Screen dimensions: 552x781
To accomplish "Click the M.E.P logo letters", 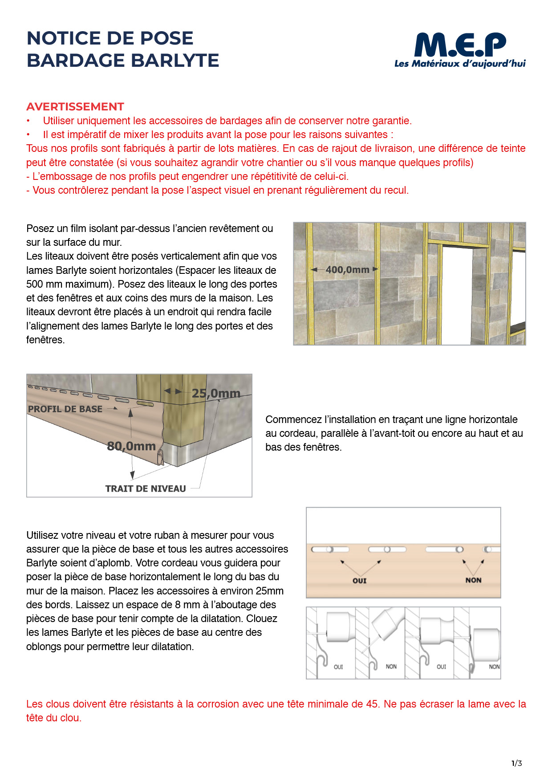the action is (460, 45).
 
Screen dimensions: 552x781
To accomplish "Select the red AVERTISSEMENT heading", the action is (75, 107).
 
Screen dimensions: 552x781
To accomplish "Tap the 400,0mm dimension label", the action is (347, 269).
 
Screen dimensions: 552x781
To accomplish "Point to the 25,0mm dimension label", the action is (216, 393).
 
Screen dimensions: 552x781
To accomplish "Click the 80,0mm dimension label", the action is (131, 446).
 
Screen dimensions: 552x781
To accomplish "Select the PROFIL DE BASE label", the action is (65, 409).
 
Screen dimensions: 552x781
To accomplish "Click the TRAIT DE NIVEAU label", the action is (146, 488).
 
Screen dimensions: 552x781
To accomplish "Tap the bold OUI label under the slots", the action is (360, 581).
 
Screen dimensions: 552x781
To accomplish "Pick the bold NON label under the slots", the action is (473, 580).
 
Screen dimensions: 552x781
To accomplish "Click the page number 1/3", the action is (517, 763).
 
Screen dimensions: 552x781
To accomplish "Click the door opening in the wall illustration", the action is (457, 294).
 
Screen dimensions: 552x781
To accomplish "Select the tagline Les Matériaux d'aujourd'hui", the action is (460, 64).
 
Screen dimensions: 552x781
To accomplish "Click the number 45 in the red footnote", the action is (372, 704).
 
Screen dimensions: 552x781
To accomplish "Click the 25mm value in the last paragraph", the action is (269, 591).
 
